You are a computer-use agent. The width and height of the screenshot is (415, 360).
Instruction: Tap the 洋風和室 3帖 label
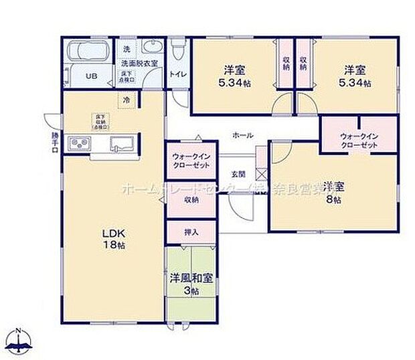191,284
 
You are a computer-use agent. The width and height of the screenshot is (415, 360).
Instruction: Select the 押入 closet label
191,232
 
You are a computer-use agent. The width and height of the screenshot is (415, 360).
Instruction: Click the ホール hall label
242,135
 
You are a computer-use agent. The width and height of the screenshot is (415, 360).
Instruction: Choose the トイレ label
177,75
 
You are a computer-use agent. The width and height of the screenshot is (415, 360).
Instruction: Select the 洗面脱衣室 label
139,63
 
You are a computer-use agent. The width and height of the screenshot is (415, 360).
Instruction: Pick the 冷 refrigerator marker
125,100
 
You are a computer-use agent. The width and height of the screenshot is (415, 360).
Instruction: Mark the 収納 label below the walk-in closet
191,199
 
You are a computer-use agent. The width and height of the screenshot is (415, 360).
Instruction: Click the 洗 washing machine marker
126,50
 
